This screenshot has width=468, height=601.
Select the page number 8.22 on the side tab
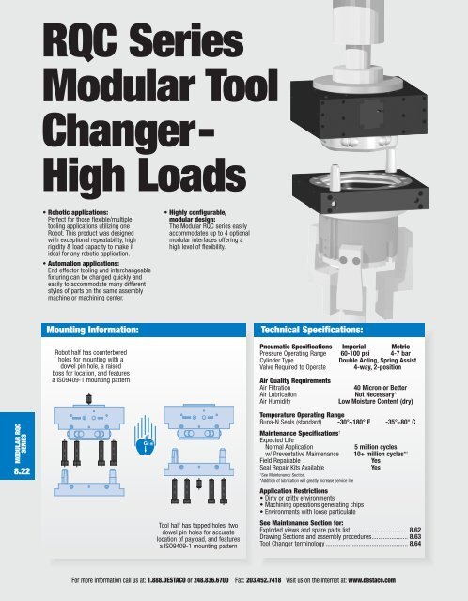[x=13, y=458]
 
